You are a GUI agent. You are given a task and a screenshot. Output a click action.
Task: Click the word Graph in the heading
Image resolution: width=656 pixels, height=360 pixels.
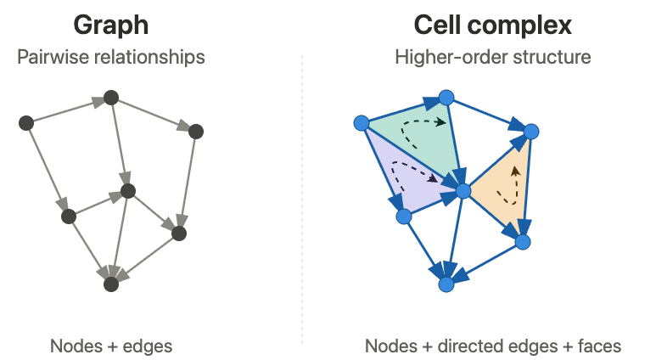point(111,25)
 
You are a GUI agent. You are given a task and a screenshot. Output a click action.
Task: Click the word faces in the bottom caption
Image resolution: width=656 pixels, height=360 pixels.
point(599,346)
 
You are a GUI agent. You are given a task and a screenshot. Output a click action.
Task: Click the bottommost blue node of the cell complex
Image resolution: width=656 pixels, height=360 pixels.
point(446,284)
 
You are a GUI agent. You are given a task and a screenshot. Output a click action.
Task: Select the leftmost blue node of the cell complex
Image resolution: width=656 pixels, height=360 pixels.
point(362,123)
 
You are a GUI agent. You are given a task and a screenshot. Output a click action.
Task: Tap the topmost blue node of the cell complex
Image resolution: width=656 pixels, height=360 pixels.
point(446,98)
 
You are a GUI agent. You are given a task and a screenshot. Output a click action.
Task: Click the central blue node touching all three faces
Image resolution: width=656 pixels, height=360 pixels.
point(463,191)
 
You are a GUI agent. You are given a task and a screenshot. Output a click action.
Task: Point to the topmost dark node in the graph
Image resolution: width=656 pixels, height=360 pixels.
point(111,98)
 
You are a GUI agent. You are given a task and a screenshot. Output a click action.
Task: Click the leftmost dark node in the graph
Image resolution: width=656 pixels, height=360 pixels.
point(26,123)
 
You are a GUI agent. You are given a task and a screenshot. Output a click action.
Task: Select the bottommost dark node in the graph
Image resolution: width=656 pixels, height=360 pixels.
point(111,284)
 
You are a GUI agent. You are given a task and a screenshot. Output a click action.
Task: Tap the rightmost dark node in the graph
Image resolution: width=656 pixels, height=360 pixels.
point(196,132)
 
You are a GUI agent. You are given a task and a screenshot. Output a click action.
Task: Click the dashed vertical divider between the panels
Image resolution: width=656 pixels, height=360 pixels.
point(302,199)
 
